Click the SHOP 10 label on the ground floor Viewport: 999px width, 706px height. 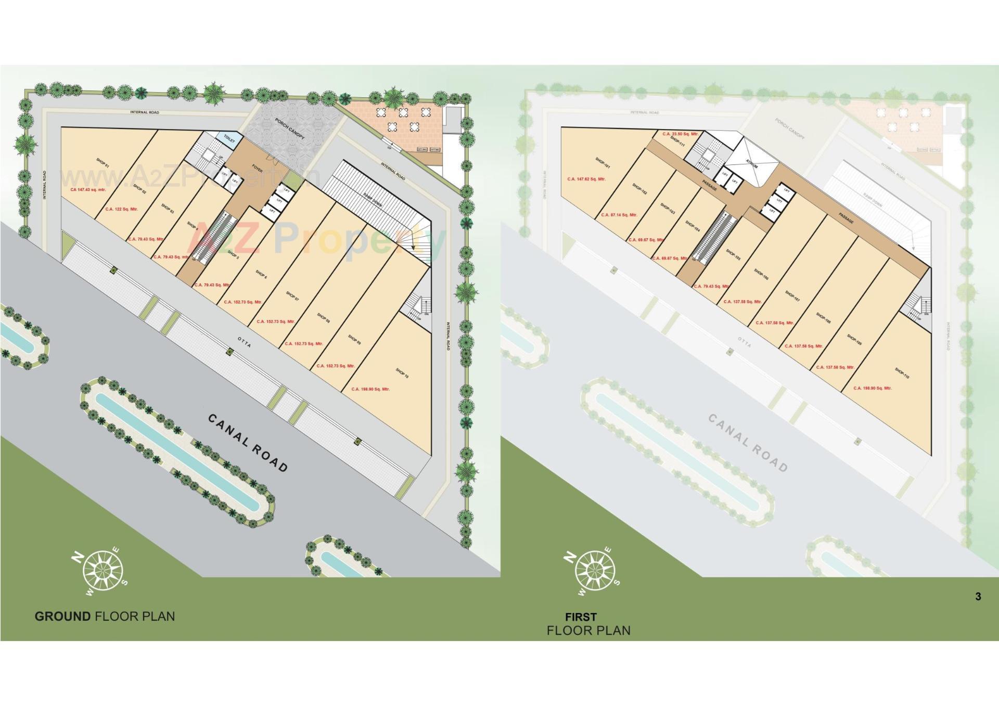click(402, 373)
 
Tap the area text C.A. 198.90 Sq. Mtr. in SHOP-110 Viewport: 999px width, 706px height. click(873, 388)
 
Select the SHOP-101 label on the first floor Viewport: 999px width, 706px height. click(603, 162)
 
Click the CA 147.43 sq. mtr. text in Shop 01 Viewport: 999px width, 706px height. click(88, 190)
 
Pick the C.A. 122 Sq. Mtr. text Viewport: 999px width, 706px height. click(121, 209)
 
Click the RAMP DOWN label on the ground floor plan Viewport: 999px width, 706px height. click(373, 201)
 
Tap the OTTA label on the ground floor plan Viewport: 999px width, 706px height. click(244, 342)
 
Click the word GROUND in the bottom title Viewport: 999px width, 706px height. click(62, 617)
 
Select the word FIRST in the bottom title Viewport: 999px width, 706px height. click(581, 617)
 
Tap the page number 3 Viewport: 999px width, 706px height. click(978, 597)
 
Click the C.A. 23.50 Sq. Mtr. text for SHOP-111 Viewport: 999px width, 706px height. click(680, 134)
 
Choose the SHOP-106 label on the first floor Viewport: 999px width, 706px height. click(761, 274)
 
